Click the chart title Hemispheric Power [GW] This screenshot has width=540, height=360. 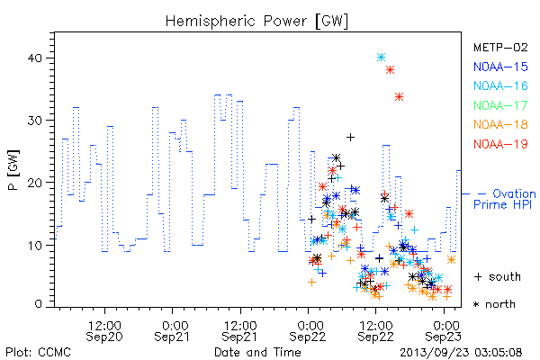click(x=256, y=22)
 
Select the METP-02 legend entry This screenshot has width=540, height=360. click(x=500, y=47)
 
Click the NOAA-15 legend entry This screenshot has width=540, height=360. click(x=500, y=67)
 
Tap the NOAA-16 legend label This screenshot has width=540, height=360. click(x=500, y=85)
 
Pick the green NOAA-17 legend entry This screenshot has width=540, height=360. click(x=500, y=105)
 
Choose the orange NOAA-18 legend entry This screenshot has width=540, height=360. click(x=500, y=124)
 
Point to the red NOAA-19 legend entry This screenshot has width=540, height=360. click(x=500, y=144)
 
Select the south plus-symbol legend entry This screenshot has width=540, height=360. click(x=498, y=276)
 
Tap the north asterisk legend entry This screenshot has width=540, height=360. click(x=494, y=304)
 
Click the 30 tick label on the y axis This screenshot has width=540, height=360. click(x=34, y=121)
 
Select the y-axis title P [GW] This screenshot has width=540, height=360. click(x=13, y=170)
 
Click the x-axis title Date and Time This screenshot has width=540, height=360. click(x=257, y=352)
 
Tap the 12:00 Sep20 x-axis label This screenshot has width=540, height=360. click(x=104, y=331)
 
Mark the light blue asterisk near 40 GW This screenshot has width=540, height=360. click(x=381, y=58)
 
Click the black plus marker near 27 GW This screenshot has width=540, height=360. click(x=350, y=138)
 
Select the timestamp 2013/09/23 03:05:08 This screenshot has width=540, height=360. click(x=461, y=353)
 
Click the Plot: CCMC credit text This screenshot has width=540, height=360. click(x=38, y=353)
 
